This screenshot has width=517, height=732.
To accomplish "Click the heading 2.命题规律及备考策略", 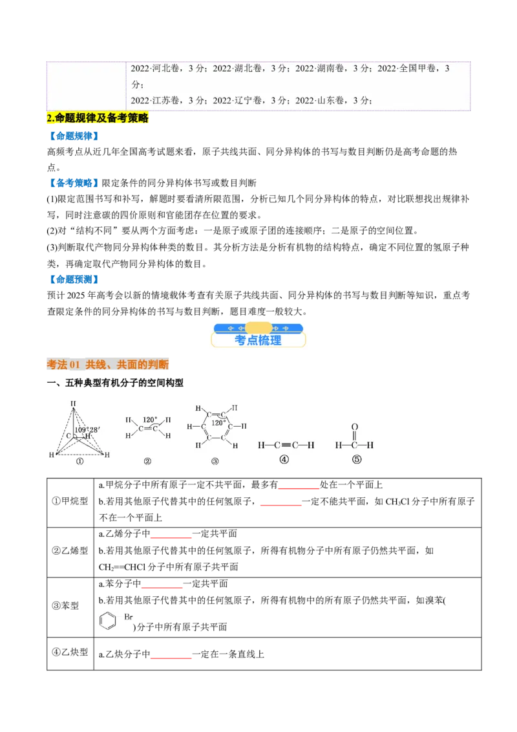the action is tap(98, 118).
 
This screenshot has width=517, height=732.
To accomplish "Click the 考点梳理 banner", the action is tap(258, 335).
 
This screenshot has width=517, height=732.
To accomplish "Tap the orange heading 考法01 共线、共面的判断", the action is tap(108, 364).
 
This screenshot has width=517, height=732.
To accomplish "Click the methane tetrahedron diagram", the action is tap(79, 430).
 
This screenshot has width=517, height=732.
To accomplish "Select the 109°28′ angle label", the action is tap(87, 429).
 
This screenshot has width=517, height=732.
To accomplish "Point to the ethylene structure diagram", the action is tap(148, 427).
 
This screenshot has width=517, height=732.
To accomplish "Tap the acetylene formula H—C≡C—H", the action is tap(286, 446).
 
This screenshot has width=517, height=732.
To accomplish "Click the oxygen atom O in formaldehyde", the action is tap(355, 427).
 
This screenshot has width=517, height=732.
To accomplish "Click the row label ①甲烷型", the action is tap(70, 501).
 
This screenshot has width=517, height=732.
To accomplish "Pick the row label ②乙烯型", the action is tap(70, 551).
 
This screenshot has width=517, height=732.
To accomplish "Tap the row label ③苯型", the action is tap(65, 606).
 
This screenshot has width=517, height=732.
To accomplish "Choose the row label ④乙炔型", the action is tap(70, 652).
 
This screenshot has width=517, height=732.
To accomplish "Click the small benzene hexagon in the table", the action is tap(108, 621).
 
